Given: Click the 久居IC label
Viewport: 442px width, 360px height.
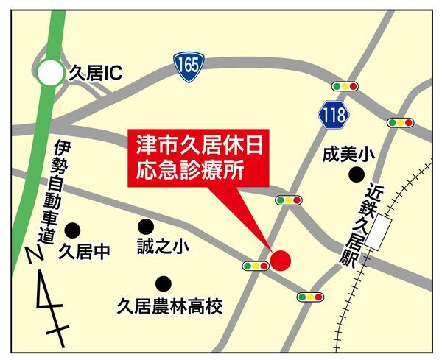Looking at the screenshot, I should coord(94,74).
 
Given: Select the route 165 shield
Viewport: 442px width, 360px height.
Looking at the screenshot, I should coord(188,65).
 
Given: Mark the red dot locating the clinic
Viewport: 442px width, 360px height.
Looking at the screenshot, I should coord(280,260).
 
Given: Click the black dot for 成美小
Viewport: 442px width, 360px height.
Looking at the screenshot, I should coord(357,174).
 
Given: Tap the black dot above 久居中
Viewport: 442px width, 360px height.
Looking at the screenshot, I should coord(71,230).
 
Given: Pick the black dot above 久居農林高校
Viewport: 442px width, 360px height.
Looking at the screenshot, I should coord(162,283).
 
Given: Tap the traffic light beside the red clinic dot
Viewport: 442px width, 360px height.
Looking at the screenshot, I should coord(255,265).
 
